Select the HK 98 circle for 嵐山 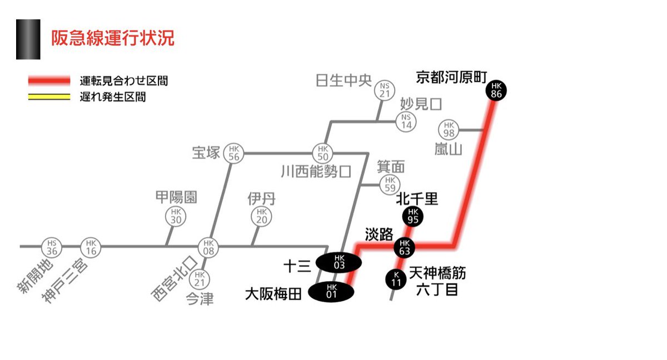tap(449, 130)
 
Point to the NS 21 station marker tap(385, 90)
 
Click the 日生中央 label tap(343, 81)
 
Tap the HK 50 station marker tap(322, 153)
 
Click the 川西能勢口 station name tap(316, 171)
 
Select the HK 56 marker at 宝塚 tap(234, 153)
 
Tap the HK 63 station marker tap(404, 247)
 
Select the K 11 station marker tap(396, 279)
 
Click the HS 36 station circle tap(52, 246)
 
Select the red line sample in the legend tap(49, 81)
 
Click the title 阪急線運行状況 tap(113, 38)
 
